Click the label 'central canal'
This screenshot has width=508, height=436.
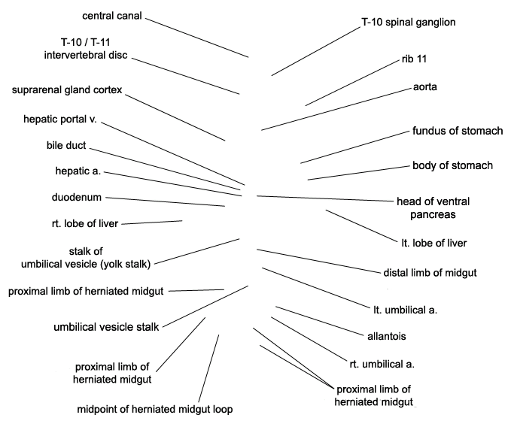(x=112, y=16)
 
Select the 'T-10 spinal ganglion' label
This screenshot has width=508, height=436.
(x=409, y=22)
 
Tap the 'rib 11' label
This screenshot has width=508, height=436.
(x=414, y=59)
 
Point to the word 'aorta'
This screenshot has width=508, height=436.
(x=424, y=86)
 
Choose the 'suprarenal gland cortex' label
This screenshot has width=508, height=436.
(x=67, y=89)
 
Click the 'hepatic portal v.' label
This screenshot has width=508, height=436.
(x=60, y=119)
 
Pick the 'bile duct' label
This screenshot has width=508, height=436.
(x=66, y=145)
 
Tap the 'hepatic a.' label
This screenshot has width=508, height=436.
(x=78, y=171)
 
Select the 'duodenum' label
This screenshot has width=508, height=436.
(x=77, y=197)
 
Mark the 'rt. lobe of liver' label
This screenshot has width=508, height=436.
(x=85, y=223)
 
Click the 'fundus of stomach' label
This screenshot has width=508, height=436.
(x=458, y=131)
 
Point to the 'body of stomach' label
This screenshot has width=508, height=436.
(x=452, y=165)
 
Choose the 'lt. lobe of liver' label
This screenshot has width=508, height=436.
(x=434, y=243)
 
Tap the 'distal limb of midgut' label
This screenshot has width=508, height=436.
(x=430, y=273)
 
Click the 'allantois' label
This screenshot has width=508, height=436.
(x=387, y=336)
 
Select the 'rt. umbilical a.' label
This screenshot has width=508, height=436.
(x=382, y=364)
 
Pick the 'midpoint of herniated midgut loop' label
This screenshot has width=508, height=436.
(x=155, y=410)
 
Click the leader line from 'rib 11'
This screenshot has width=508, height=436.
(x=352, y=83)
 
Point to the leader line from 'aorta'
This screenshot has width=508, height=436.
(x=336, y=109)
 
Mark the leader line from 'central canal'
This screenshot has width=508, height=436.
(x=197, y=38)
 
